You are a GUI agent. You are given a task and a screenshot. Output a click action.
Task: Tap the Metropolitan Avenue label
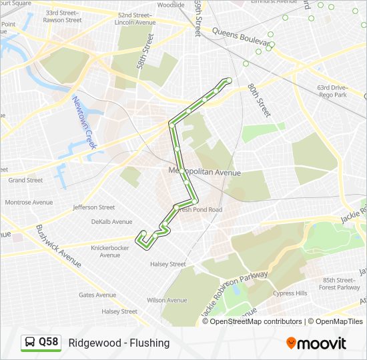click(204, 172)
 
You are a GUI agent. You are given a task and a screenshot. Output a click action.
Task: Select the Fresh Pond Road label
click(200, 209)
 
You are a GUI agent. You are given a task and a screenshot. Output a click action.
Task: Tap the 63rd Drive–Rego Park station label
click(332, 91)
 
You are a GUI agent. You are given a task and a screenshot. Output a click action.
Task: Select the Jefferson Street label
click(94, 207)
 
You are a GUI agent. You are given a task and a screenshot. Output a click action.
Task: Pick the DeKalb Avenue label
click(112, 222)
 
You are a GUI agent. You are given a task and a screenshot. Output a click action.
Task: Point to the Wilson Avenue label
click(167, 301)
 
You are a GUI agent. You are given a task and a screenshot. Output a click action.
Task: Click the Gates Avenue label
click(97, 295)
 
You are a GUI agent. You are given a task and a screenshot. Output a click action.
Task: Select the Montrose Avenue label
click(29, 202)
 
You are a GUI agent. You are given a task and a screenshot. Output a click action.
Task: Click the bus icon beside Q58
click(30, 343)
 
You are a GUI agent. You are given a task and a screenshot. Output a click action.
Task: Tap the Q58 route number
click(49, 343)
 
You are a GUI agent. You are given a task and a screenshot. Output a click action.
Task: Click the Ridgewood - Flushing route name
click(119, 343)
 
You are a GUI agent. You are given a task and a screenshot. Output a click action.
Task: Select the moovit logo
click(316, 343)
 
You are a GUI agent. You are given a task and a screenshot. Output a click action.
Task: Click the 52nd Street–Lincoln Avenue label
click(135, 19)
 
